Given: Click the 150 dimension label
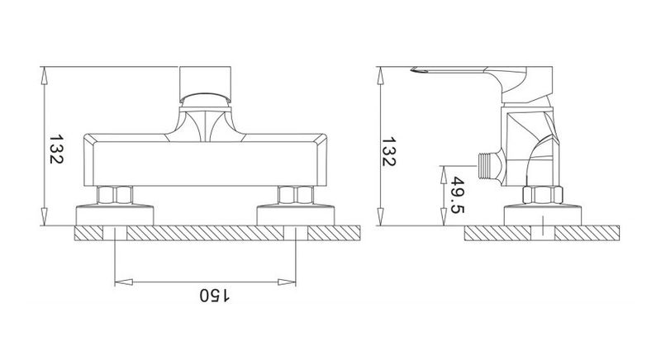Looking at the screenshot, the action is pos(215,295).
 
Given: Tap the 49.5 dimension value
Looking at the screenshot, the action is pos(458,195).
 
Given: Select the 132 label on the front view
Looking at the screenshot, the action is pos(56,149).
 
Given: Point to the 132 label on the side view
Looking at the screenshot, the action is pos(388,151).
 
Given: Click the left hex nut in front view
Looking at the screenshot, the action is pos(115,195).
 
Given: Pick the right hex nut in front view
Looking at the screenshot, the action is pos(296,195).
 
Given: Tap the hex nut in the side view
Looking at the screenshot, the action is pos(543,195).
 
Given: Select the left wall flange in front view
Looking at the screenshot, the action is pos(115,215).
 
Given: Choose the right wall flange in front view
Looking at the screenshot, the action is pos(296,215).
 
